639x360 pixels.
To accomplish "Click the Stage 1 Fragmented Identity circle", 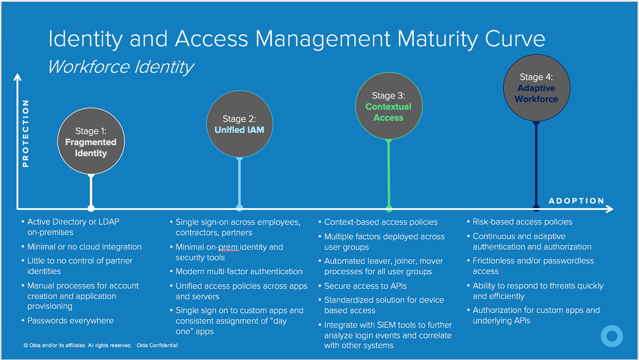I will pos(91,141).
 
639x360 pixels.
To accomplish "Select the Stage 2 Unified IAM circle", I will pos(240,124).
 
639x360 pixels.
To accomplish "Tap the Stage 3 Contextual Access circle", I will pos(389,106).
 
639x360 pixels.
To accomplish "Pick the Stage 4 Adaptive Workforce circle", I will pos(536,88).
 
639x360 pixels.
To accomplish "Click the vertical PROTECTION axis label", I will pos(26,133).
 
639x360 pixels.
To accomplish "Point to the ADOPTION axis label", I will pos(576,201).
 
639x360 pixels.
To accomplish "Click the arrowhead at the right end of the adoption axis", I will pos(610,209).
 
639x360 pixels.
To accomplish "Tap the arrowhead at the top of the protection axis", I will pos(17,77).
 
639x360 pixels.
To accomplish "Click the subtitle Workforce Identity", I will pos(121,67).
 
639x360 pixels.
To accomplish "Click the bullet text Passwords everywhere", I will pos(70,320).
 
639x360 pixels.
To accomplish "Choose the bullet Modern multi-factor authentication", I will pos(239,271).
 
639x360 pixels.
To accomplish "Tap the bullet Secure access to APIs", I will pos(365,286).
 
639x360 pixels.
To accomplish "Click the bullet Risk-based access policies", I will pos(522,222).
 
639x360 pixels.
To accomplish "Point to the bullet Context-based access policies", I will pos(381,222).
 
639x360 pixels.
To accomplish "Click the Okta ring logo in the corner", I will pos(611,336).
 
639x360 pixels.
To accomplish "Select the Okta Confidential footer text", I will pos(157,345).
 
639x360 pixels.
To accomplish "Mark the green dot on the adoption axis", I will pos(389,208).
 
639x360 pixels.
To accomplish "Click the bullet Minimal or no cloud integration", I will pos(84,247).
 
